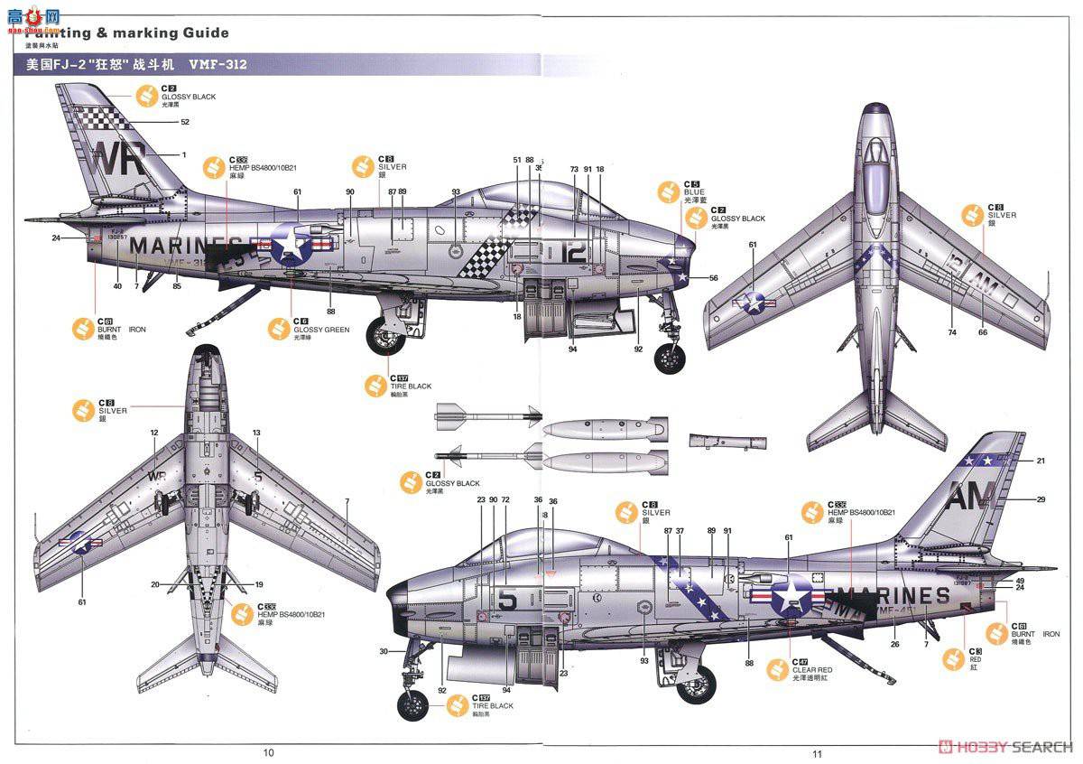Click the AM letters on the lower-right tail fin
[x=970, y=495]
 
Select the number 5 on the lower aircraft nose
[x=507, y=600]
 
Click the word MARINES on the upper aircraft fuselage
[x=186, y=246]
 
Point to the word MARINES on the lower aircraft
[x=893, y=596]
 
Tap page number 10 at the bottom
[x=268, y=752]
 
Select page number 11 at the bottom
[x=817, y=754]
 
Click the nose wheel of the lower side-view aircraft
[x=413, y=705]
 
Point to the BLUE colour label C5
[x=691, y=191]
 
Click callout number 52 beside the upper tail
[x=185, y=121]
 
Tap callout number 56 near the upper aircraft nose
[x=713, y=278]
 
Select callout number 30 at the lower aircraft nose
[x=384, y=651]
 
